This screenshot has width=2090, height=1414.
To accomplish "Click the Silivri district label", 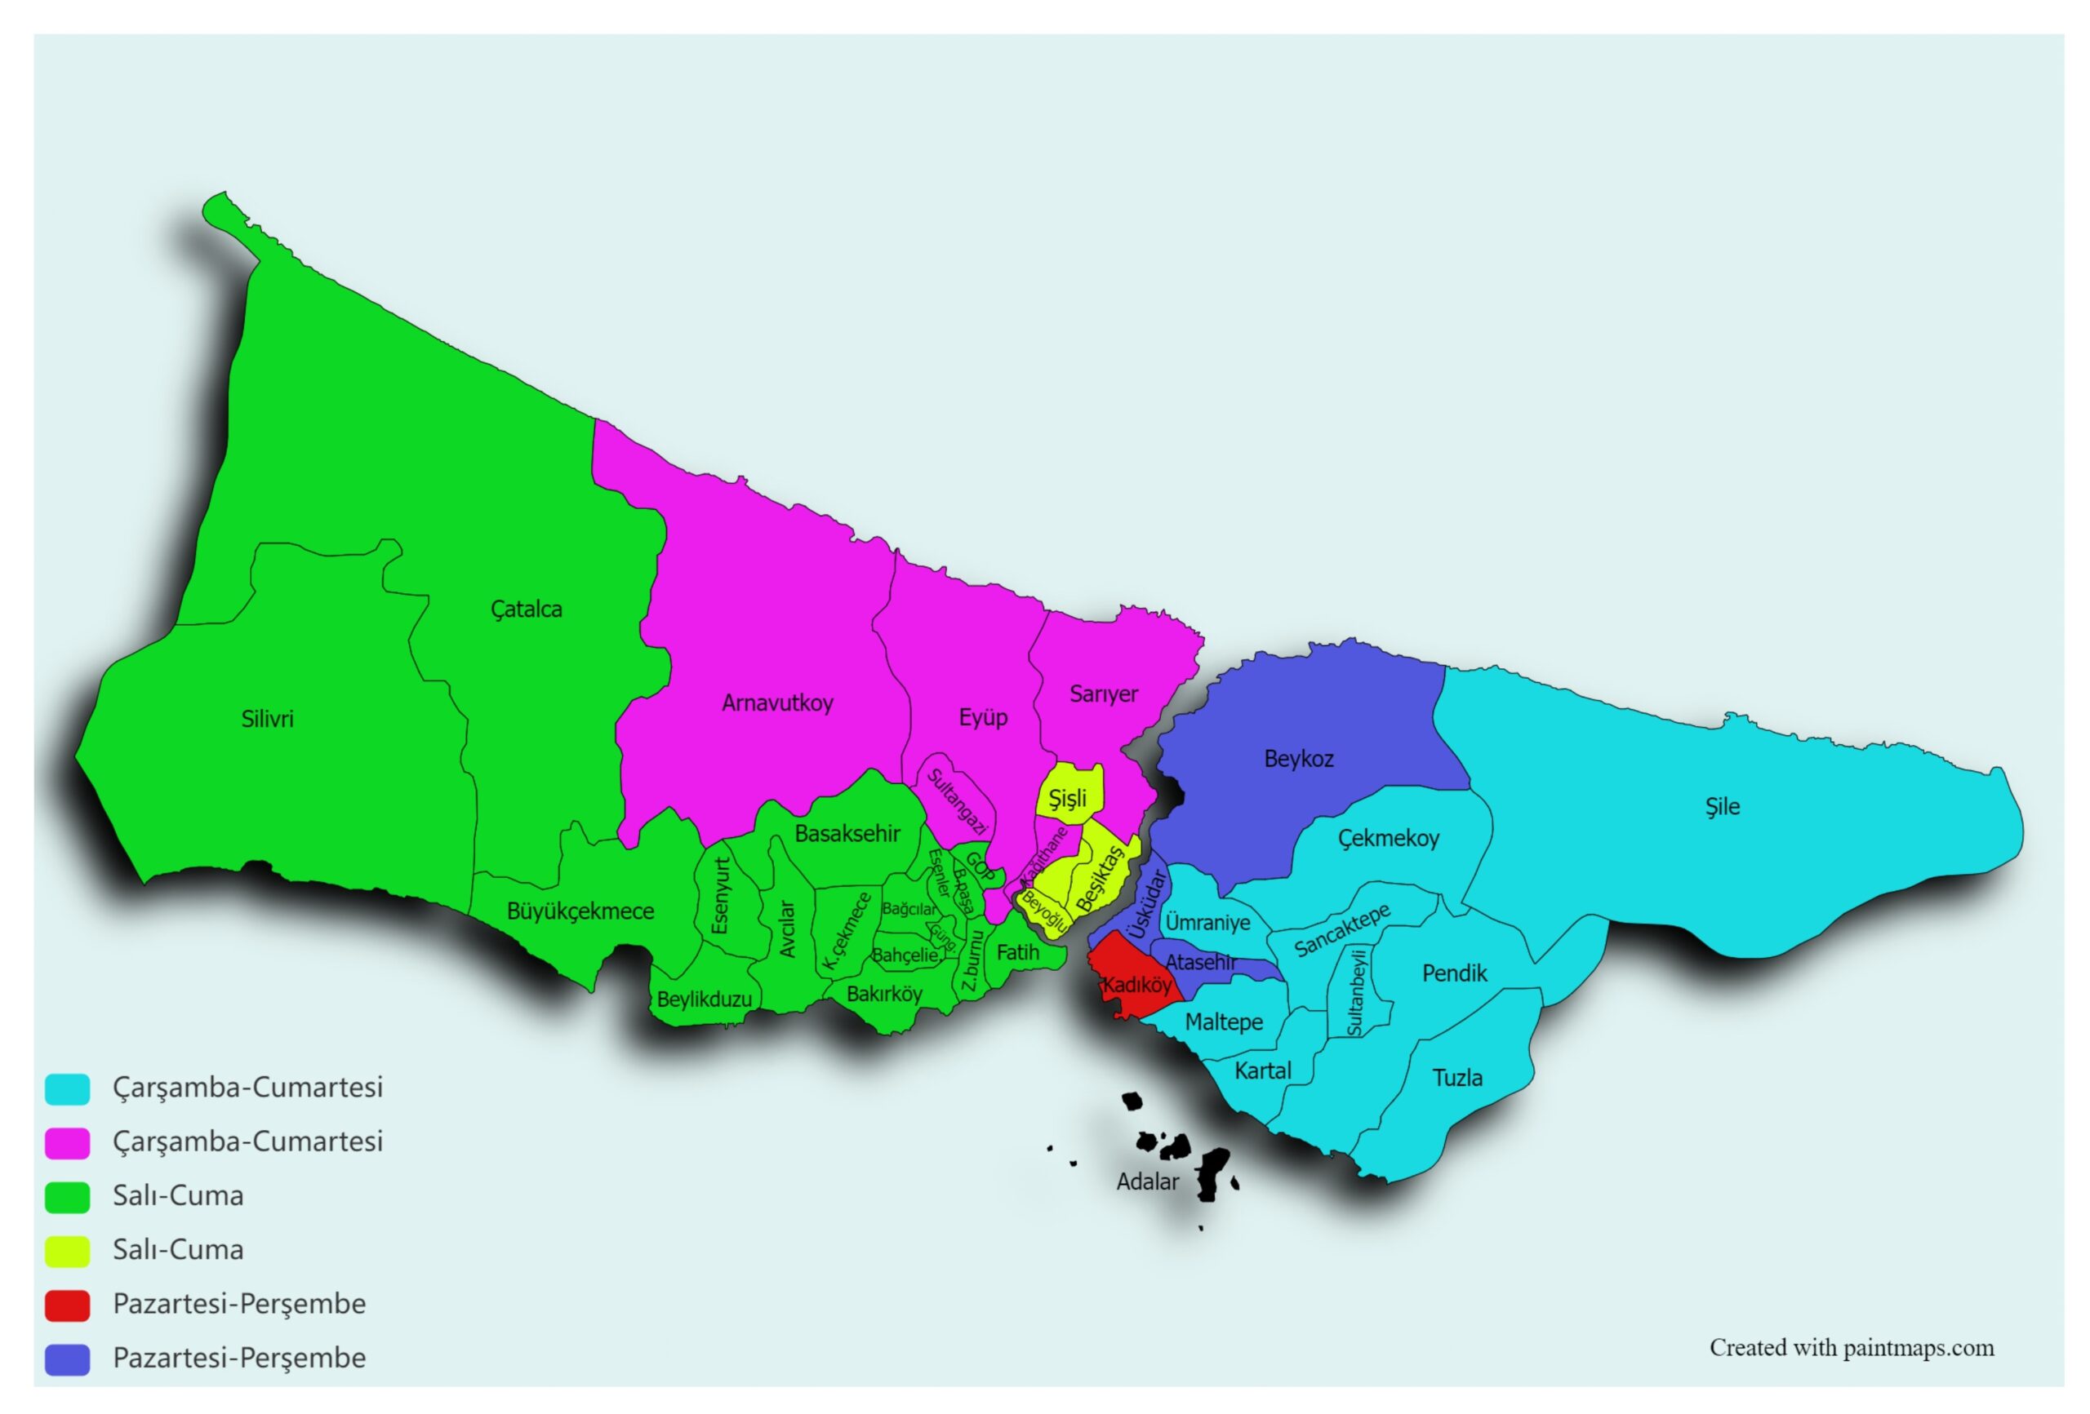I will coord(267,719).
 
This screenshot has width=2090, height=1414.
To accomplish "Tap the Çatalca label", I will coord(526,609).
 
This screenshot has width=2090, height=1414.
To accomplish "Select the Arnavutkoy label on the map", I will coord(777,703).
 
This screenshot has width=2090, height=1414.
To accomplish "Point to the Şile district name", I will coord(1722,806).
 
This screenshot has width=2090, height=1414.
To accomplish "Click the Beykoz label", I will coord(1299,759).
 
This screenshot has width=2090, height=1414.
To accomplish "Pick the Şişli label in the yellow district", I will coord(1068,798).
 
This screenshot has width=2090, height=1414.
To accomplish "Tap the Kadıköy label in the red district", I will coord(1136,984).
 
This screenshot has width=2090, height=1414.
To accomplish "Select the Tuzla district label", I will coord(1457,1077).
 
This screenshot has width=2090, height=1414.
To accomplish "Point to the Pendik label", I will coord(1454,973).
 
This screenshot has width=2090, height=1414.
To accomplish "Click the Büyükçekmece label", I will coord(580,911).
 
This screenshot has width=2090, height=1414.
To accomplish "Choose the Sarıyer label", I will coord(1104,694).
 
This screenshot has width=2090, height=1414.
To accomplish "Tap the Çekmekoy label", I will coord(1389,839).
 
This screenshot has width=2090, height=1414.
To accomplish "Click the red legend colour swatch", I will coord(68,1305).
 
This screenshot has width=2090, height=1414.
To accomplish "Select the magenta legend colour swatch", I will coord(68,1142).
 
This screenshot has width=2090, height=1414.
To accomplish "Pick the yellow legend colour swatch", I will coord(68,1250).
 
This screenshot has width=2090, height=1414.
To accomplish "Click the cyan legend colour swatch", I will coord(68,1088).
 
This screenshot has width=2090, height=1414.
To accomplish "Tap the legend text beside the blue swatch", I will coord(239,1358).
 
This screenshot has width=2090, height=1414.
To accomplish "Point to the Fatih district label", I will coord(1017,952).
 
